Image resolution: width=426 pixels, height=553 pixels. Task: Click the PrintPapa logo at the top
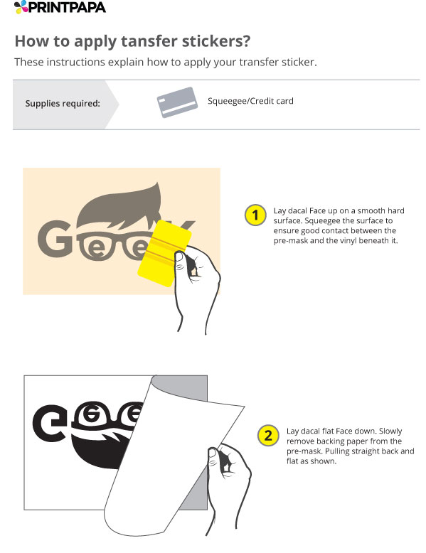(x=60, y=8)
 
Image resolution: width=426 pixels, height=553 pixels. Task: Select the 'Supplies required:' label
(x=63, y=104)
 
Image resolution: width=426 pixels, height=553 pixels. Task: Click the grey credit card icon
(x=176, y=102)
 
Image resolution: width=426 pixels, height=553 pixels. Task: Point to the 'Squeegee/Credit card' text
(x=250, y=101)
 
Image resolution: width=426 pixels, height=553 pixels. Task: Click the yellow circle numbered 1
(x=255, y=215)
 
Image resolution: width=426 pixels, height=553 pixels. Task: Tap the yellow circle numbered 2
(x=267, y=435)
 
